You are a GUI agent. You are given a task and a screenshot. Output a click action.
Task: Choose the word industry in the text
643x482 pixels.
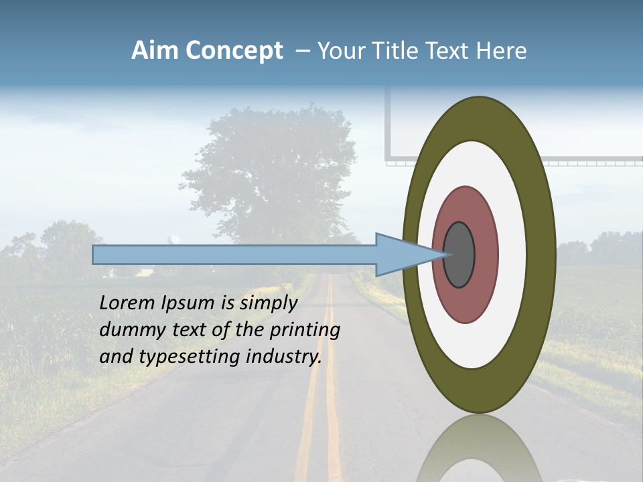pyautogui.click(x=284, y=357)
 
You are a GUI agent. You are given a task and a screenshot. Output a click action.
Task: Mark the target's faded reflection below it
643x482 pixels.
pyautogui.click(x=478, y=449)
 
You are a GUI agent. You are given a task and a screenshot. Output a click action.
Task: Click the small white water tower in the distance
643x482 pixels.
pyautogui.click(x=174, y=238)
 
